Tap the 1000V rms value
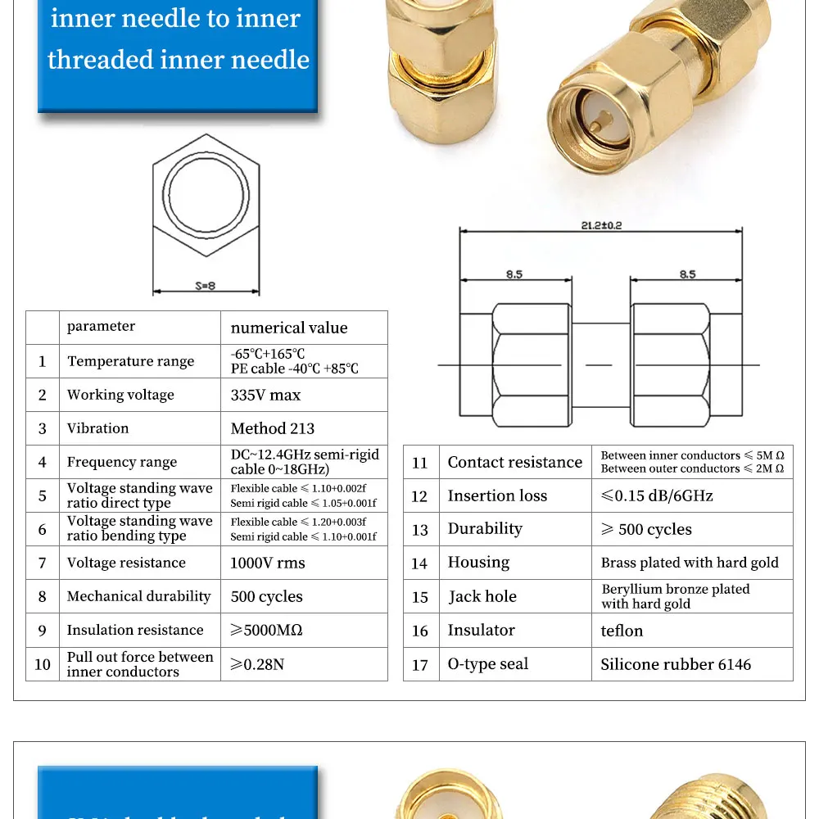pyautogui.click(x=268, y=563)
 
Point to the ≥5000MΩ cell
pyautogui.click(x=266, y=630)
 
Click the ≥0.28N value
pyautogui.click(x=257, y=664)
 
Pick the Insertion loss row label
pyautogui.click(x=497, y=495)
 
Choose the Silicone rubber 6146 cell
pyautogui.click(x=675, y=664)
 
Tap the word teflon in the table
pyautogui.click(x=622, y=631)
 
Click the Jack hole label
pyautogui.click(x=482, y=596)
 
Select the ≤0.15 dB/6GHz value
pyautogui.click(x=657, y=495)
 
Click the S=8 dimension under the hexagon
pyautogui.click(x=206, y=286)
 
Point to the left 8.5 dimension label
pyautogui.click(x=514, y=274)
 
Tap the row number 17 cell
pyautogui.click(x=420, y=665)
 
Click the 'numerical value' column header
pyautogui.click(x=289, y=328)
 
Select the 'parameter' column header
pyautogui.click(x=101, y=326)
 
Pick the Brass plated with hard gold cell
pyautogui.click(x=690, y=563)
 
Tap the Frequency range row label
pyautogui.click(x=121, y=462)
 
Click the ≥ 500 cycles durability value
pyautogui.click(x=646, y=529)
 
